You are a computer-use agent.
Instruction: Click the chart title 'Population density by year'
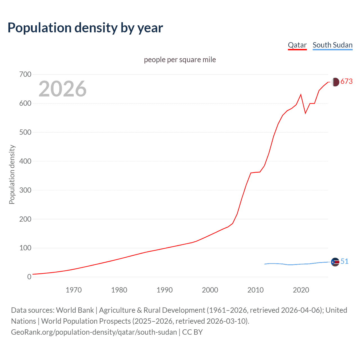pyautogui.click(x=85, y=28)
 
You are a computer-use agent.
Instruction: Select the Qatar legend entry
pyautogui.click(x=297, y=45)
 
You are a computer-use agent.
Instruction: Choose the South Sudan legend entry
pyautogui.click(x=332, y=45)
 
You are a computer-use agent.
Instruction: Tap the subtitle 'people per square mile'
pyautogui.click(x=180, y=60)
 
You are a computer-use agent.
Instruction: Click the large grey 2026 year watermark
pyautogui.click(x=62, y=89)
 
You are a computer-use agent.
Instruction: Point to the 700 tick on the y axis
pyautogui.click(x=25, y=75)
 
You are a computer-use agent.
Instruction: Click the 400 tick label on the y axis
pyautogui.click(x=25, y=161)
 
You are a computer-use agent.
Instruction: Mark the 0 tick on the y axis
pyautogui.click(x=29, y=277)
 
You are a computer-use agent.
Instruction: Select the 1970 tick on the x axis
pyautogui.click(x=74, y=290)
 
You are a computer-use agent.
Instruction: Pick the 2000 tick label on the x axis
pyautogui.click(x=210, y=290)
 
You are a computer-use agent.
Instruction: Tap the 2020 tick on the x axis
pyautogui.click(x=301, y=290)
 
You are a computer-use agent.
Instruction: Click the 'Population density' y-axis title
pyautogui.click(x=12, y=174)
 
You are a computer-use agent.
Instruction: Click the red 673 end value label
pyautogui.click(x=346, y=82)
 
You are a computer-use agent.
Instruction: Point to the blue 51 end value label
pyautogui.click(x=344, y=261)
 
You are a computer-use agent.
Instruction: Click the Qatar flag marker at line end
pyautogui.click(x=335, y=82)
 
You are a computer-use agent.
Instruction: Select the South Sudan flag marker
pyautogui.click(x=335, y=262)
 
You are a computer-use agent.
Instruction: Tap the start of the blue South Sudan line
pyautogui.click(x=265, y=264)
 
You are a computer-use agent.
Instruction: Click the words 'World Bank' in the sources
pyautogui.click(x=75, y=310)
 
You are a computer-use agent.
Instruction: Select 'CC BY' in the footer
pyautogui.click(x=192, y=332)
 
